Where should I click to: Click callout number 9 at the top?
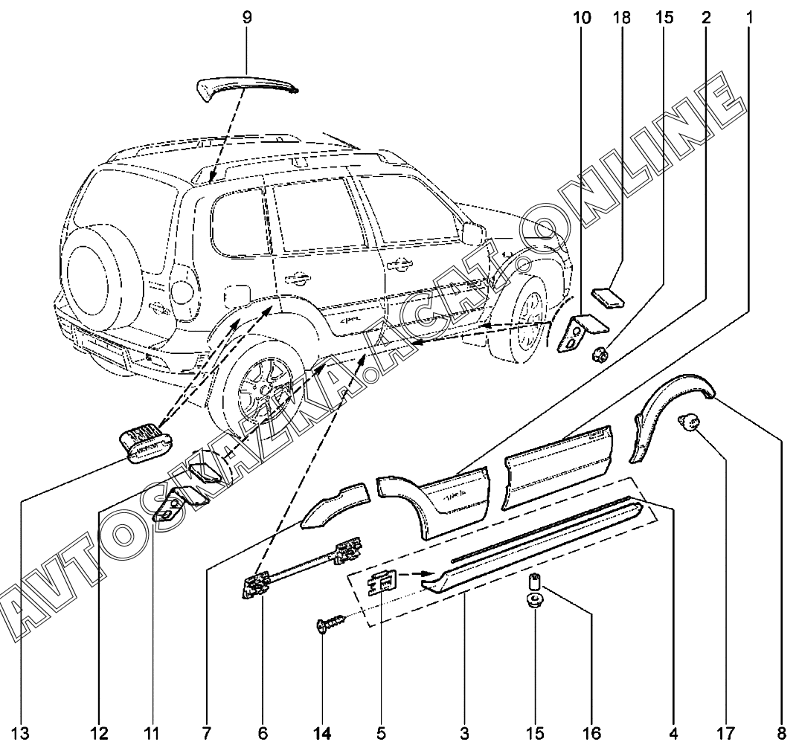(x=247, y=16)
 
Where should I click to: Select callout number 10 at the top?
(x=582, y=16)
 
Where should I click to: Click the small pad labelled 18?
(x=609, y=298)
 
